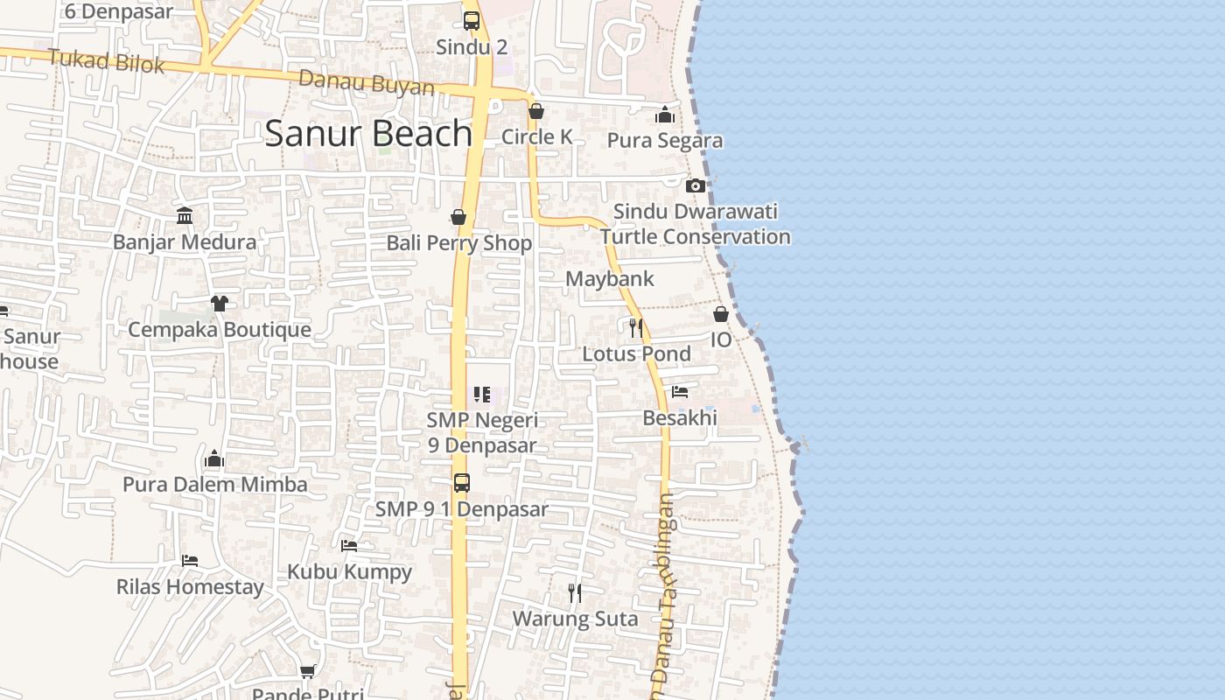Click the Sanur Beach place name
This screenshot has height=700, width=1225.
[368, 133]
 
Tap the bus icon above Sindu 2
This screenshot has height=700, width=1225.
[472, 20]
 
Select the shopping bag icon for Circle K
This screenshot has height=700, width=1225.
[536, 111]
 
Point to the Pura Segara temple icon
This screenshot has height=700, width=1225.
[665, 115]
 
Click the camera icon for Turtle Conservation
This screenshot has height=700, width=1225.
[696, 185]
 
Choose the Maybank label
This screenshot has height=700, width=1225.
[610, 279]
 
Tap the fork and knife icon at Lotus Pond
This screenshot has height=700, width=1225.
[636, 328]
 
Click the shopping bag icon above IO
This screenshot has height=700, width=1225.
[721, 314]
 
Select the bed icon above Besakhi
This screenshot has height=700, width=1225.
[680, 392]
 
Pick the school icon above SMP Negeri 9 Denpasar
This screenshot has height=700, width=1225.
[481, 395]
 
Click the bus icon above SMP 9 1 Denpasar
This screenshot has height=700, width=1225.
[461, 482]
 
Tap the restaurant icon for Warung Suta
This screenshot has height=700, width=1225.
[574, 593]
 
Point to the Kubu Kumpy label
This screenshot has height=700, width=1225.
[350, 572]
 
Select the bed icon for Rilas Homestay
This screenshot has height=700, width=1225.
[190, 560]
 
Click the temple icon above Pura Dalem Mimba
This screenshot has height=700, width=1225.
[214, 458]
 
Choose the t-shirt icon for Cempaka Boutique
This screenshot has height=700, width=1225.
[219, 304]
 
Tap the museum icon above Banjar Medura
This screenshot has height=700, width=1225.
[185, 215]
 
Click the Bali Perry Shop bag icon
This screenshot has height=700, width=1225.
[458, 217]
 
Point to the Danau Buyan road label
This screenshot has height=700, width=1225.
[367, 83]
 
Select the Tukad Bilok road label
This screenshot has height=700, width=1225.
[106, 61]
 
